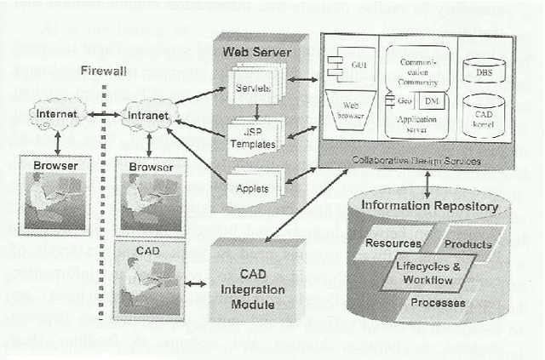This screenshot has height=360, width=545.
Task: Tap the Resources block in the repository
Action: pos(393,244)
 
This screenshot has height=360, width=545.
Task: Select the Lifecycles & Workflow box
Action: pos(431,273)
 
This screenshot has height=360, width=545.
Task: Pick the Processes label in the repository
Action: pos(436,302)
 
